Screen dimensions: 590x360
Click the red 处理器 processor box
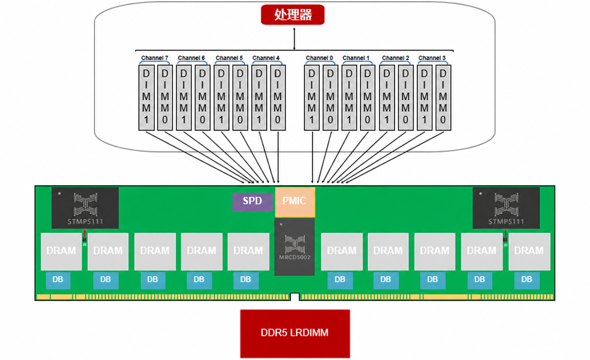tap(293, 15)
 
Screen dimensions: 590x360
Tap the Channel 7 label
tap(155, 58)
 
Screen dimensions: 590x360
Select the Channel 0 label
tap(319, 58)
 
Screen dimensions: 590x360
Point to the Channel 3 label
tap(432, 58)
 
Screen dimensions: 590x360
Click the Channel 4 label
tap(266, 58)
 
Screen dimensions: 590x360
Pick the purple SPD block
tap(252, 202)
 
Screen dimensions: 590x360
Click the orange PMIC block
tap(295, 202)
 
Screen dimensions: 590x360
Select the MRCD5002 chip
tap(294, 247)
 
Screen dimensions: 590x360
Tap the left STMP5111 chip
tap(85, 208)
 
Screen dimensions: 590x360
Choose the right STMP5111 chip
tap(506, 208)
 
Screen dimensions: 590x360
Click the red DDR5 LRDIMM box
tap(295, 334)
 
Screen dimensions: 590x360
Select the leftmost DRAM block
tap(61, 251)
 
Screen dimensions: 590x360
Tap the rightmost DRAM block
tap(529, 251)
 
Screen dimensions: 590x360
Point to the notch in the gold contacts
tap(295, 296)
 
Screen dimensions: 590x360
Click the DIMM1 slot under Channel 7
tap(146, 98)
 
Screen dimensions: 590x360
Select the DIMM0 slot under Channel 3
tap(443, 98)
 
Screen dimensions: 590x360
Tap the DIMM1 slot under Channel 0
tap(312, 98)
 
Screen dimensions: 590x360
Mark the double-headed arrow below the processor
tap(294, 39)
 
